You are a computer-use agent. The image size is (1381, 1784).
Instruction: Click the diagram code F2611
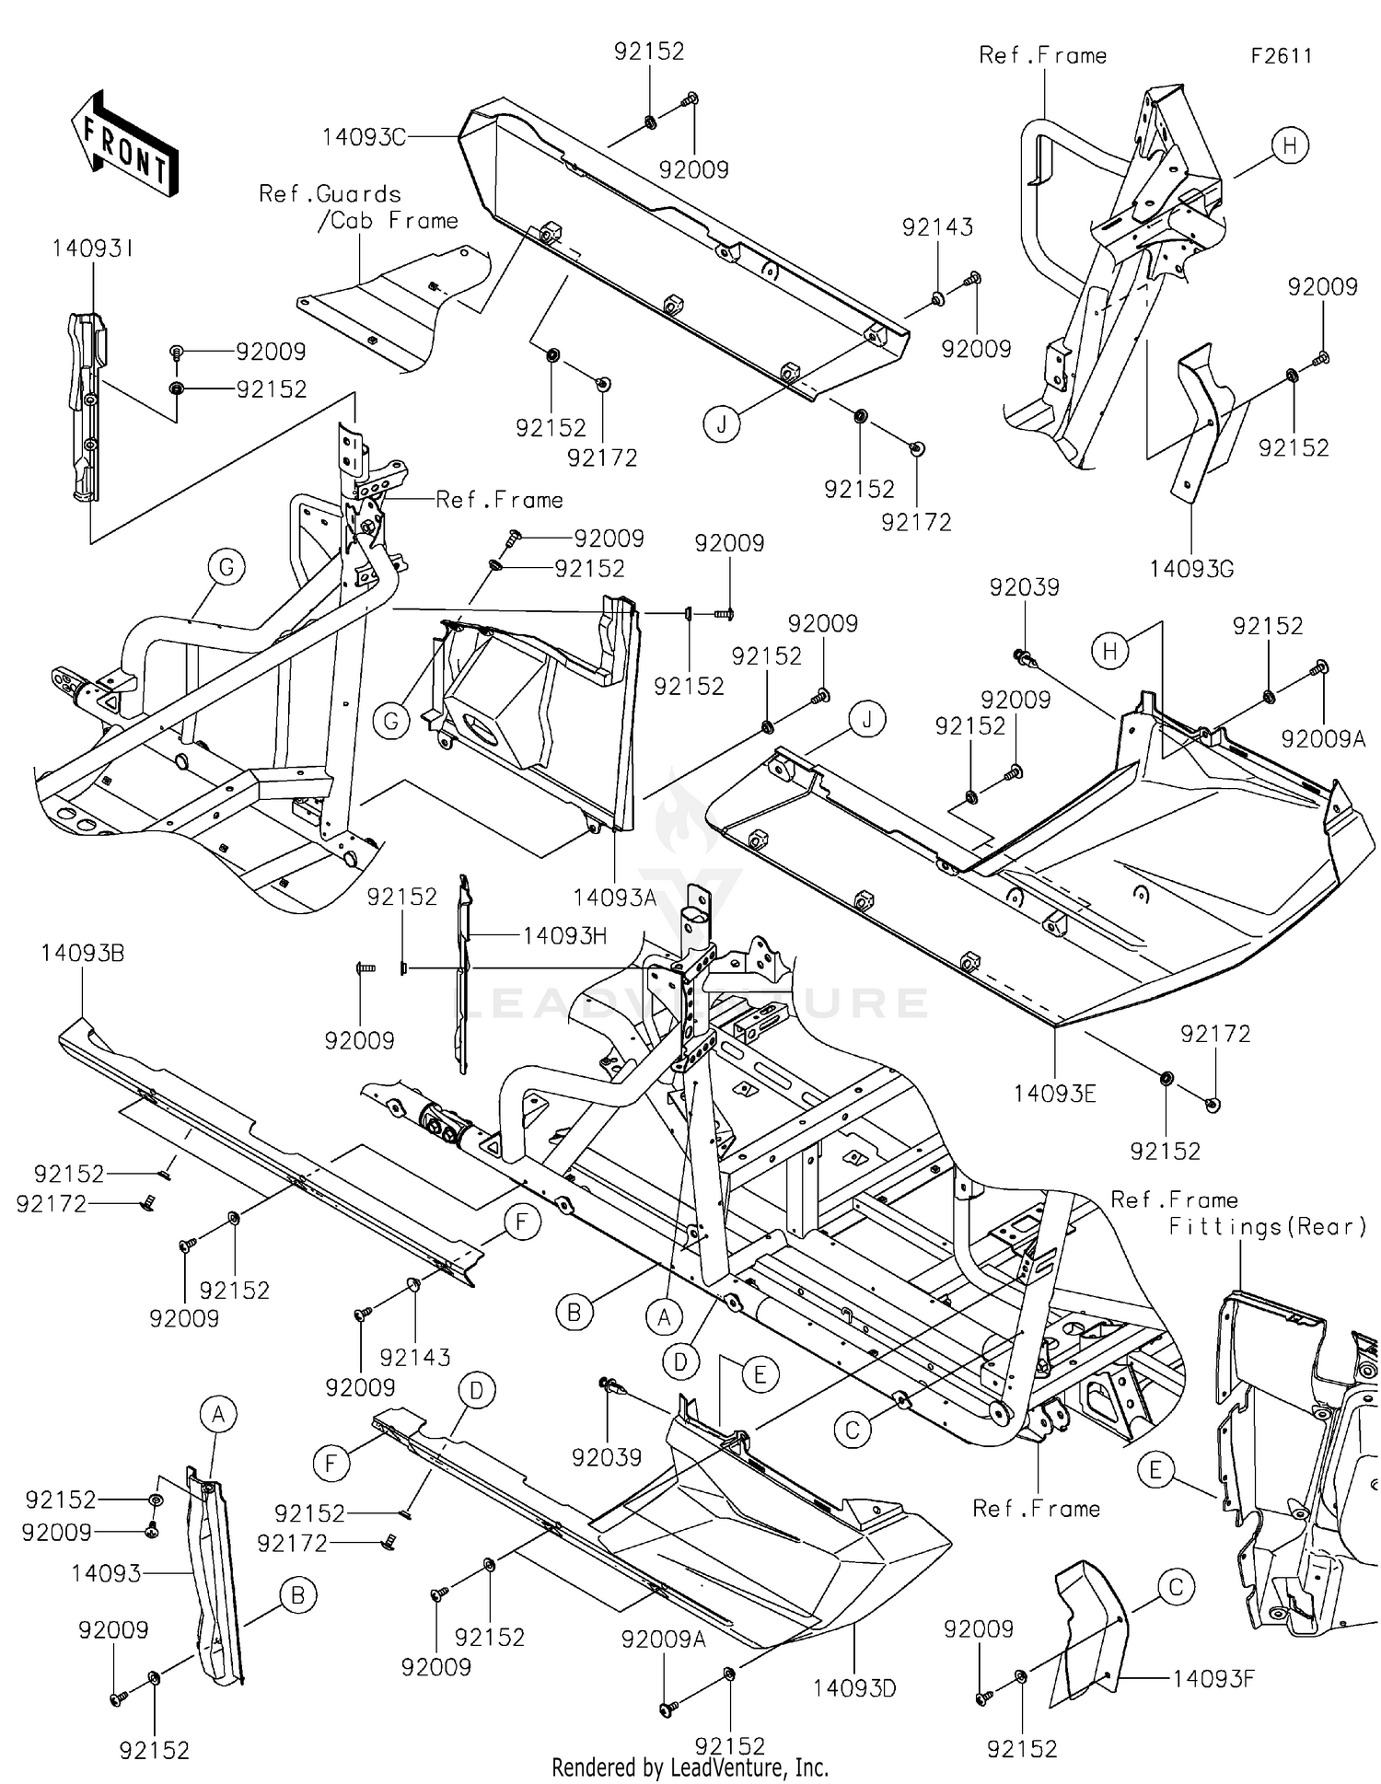pyautogui.click(x=1281, y=56)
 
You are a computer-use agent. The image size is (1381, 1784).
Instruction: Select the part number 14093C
pyautogui.click(x=364, y=138)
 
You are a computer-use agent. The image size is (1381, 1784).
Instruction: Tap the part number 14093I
pyautogui.click(x=93, y=249)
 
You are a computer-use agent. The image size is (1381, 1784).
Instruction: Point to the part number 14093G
pyautogui.click(x=1190, y=569)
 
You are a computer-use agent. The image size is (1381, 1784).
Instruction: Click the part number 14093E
pyautogui.click(x=1055, y=1094)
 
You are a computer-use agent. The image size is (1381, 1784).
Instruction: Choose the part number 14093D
pyautogui.click(x=854, y=1688)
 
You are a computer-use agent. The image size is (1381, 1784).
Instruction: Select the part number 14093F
pyautogui.click(x=1213, y=1678)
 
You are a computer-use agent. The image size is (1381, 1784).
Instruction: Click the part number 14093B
pyautogui.click(x=82, y=954)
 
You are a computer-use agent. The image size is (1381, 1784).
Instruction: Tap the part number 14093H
pyautogui.click(x=564, y=936)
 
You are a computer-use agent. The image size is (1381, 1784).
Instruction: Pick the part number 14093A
pyautogui.click(x=614, y=897)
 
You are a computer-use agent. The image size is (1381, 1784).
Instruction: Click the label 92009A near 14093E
pyautogui.click(x=1323, y=738)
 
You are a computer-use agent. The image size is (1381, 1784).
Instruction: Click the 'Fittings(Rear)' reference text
pyautogui.click(x=1267, y=1227)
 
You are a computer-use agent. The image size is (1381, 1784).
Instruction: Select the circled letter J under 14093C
pyautogui.click(x=722, y=424)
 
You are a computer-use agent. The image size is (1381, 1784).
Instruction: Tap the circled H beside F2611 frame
pyautogui.click(x=1290, y=145)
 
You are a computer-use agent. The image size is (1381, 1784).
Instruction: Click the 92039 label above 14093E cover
pyautogui.click(x=1024, y=587)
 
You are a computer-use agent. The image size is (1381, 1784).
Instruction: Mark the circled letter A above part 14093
pyautogui.click(x=218, y=1414)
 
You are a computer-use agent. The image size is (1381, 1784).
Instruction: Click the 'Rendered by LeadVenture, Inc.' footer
pyautogui.click(x=690, y=1767)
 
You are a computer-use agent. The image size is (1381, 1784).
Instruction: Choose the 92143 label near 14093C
pyautogui.click(x=937, y=227)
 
